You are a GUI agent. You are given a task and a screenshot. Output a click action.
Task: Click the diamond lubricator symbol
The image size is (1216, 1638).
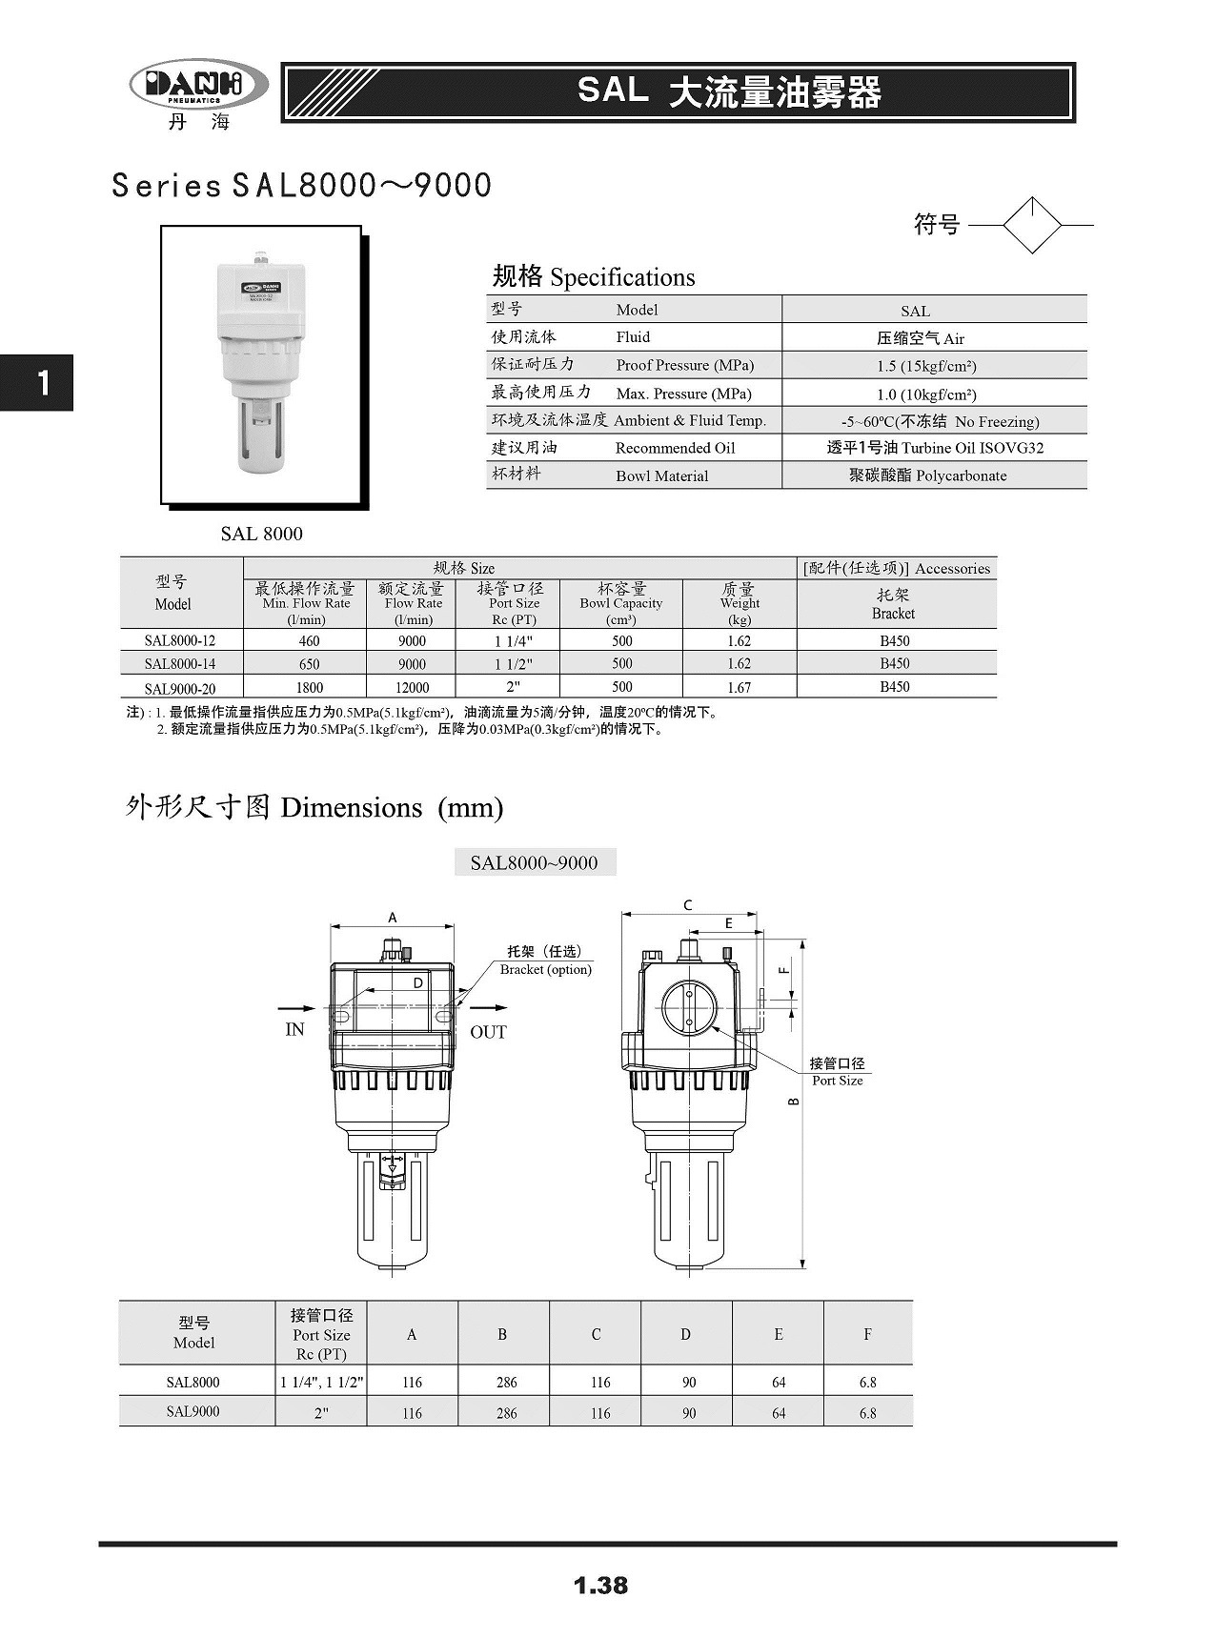(1032, 225)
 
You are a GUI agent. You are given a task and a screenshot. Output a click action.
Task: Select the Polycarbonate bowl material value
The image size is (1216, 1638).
(927, 475)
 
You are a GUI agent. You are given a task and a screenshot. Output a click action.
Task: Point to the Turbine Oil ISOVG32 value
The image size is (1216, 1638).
(935, 448)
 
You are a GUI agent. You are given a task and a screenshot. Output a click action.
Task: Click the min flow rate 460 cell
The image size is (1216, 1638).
(309, 641)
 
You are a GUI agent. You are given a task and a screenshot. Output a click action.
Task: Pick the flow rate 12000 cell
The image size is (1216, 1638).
(412, 687)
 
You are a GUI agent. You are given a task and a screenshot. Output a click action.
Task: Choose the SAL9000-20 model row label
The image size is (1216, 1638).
(181, 688)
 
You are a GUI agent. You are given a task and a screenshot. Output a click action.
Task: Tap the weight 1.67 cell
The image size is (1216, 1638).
(739, 687)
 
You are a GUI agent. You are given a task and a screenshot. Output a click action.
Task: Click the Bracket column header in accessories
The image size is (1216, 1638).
(894, 604)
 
